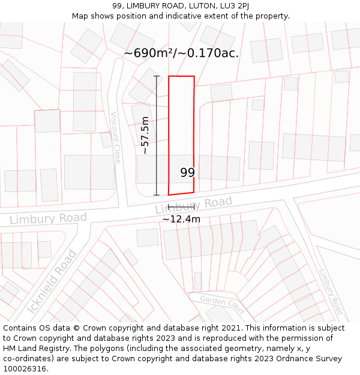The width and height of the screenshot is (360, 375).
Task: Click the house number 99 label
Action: point(187,173)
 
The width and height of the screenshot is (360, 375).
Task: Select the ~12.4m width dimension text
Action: point(181,219)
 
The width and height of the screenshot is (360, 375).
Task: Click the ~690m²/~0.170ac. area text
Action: point(181,53)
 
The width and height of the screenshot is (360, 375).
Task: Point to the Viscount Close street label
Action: point(116,137)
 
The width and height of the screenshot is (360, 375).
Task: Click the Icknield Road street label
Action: point(52,282)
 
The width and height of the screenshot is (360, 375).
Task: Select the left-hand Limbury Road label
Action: point(48,218)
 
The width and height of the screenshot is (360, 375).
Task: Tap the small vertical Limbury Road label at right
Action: point(329,291)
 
